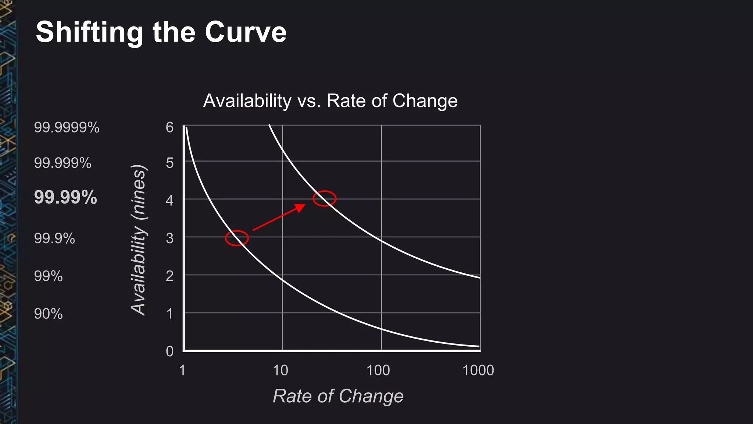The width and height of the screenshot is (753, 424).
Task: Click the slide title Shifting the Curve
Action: pyautogui.click(x=161, y=32)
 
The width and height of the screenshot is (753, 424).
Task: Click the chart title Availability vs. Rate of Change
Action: pyautogui.click(x=330, y=100)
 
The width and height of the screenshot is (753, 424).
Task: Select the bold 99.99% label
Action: pyautogui.click(x=65, y=197)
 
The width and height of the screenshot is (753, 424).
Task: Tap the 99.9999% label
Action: pyautogui.click(x=67, y=127)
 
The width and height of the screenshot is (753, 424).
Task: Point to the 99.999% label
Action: pyautogui.click(x=63, y=163)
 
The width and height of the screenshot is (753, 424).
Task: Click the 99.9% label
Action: pyautogui.click(x=54, y=239)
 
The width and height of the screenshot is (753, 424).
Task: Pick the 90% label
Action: pyautogui.click(x=48, y=314)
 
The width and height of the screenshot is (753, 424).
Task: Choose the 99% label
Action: pyautogui.click(x=48, y=276)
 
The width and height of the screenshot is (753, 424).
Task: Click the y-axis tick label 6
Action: pyautogui.click(x=169, y=127)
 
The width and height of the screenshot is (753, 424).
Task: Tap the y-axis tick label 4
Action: pyautogui.click(x=169, y=201)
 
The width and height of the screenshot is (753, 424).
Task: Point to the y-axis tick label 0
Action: pyautogui.click(x=169, y=351)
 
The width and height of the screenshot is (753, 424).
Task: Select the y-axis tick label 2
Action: pyautogui.click(x=169, y=276)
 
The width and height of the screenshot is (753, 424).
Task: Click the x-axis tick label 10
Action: pyautogui.click(x=281, y=370)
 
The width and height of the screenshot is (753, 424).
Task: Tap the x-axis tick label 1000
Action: pyautogui.click(x=478, y=370)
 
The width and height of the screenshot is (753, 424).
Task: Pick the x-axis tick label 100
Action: pyautogui.click(x=378, y=370)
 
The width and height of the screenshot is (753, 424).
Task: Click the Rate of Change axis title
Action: pyautogui.click(x=338, y=396)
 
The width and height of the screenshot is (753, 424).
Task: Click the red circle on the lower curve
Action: pyautogui.click(x=237, y=238)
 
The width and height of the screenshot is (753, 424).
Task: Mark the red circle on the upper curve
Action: pyautogui.click(x=324, y=199)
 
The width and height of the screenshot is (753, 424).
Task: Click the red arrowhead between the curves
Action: pyautogui.click(x=300, y=208)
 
